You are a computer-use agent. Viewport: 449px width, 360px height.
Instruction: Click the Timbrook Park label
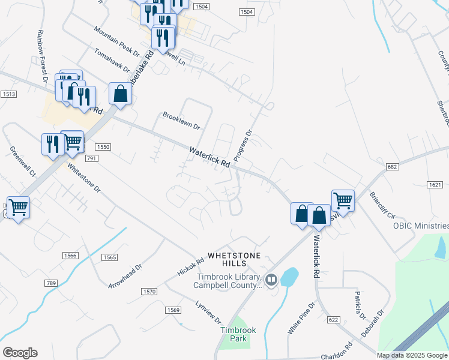coord(234,334)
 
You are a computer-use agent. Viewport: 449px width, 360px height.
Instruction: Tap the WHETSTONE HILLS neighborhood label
coord(235,259)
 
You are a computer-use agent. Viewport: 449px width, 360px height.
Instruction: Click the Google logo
coord(20,353)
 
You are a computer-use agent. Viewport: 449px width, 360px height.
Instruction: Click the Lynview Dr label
coord(209,312)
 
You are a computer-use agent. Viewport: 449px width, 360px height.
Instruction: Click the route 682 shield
coord(393,166)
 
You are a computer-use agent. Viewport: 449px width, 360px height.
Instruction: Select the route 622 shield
coord(334,320)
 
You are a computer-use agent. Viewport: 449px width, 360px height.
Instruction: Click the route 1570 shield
coord(149,292)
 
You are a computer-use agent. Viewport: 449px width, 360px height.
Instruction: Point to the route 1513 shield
coord(8,94)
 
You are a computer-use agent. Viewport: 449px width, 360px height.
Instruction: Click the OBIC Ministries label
coord(420,226)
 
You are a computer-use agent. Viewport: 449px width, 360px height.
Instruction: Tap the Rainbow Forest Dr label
coord(42,56)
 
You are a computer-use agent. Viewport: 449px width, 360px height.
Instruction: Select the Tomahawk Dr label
coord(112,61)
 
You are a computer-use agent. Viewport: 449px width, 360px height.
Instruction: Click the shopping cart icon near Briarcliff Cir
coord(343,200)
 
